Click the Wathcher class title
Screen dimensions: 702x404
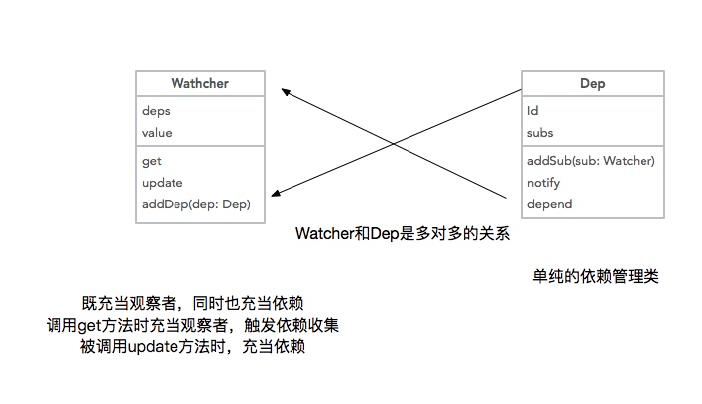[x=199, y=83]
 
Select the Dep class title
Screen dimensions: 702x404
[x=592, y=83]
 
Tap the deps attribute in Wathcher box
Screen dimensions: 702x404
[x=156, y=111]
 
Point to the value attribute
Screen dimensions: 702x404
[x=157, y=133]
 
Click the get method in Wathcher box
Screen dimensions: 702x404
[x=152, y=161]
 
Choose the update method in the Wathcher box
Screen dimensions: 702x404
[x=162, y=183]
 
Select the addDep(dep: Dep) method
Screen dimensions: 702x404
[x=196, y=204]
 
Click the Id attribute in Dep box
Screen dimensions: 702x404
[x=532, y=111]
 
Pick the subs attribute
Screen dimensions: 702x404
[x=540, y=133]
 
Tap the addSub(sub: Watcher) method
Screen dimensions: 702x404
[x=591, y=161]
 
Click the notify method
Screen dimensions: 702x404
[x=544, y=183]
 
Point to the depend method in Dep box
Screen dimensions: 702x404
[x=549, y=204]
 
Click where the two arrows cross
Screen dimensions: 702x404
[x=393, y=144]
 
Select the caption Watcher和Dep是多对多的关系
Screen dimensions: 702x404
[x=403, y=233]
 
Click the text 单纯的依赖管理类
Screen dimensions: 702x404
[x=596, y=276]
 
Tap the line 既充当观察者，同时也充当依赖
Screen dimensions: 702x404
[x=193, y=303]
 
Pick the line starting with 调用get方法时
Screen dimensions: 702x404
[x=192, y=325]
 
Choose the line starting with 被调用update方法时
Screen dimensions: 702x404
[x=193, y=346]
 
